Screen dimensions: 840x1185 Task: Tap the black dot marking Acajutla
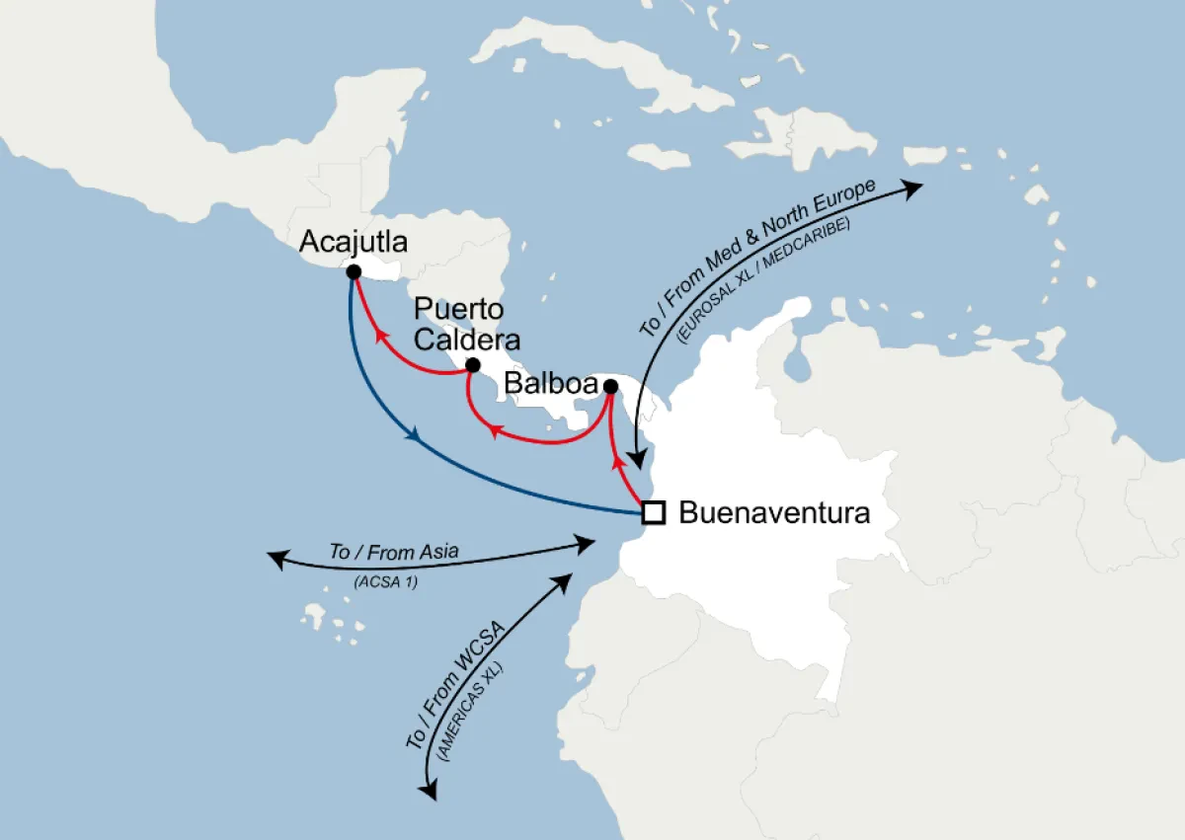click(x=353, y=270)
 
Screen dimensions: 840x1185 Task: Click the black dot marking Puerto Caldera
click(x=472, y=365)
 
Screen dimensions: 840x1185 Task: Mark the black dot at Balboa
click(x=610, y=385)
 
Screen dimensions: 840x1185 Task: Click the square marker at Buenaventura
click(x=652, y=512)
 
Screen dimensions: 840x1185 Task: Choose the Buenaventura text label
click(x=774, y=513)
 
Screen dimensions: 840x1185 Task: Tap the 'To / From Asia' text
click(x=393, y=553)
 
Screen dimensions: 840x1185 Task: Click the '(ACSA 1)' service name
click(x=385, y=582)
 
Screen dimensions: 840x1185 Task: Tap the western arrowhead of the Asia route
click(x=277, y=560)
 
